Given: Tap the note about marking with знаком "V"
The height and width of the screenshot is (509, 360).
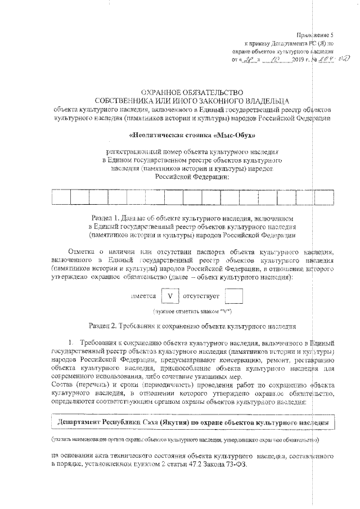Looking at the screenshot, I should (x=193, y=311).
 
